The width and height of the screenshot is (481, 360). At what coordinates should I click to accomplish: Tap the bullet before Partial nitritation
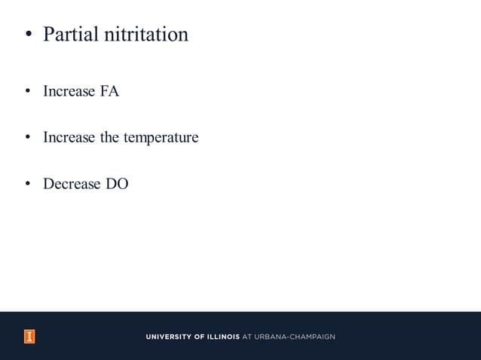point(28,35)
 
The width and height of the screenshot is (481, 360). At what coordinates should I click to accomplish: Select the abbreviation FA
point(109,92)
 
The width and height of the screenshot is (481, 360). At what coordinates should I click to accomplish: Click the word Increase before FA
point(69,92)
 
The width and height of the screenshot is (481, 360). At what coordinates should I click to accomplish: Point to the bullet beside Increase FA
point(27,93)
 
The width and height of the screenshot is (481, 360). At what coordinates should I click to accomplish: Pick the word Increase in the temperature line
point(69,138)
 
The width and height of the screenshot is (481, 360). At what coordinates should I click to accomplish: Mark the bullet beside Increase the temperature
point(27,139)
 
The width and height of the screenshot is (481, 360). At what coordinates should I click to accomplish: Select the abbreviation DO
point(117,184)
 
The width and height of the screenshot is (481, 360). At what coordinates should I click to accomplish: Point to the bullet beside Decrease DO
point(27,185)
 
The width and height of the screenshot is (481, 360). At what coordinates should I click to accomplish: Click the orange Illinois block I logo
point(29,337)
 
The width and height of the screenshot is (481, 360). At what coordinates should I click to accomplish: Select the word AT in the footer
point(247,337)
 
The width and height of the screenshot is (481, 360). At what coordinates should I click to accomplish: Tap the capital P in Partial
point(50,35)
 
